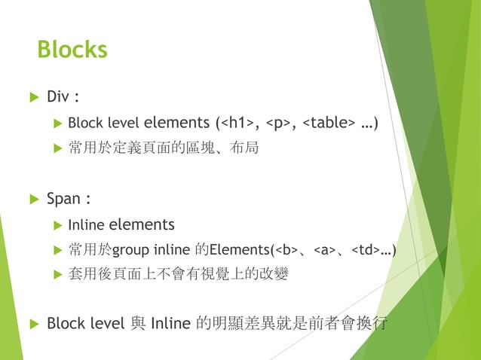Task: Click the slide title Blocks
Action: click(72, 50)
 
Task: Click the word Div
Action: click(59, 97)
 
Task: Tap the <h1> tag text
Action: click(239, 123)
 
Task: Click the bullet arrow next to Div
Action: click(32, 98)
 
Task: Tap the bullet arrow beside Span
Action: click(32, 200)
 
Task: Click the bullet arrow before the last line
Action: click(32, 325)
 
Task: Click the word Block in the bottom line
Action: click(63, 324)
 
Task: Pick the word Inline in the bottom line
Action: click(170, 324)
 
